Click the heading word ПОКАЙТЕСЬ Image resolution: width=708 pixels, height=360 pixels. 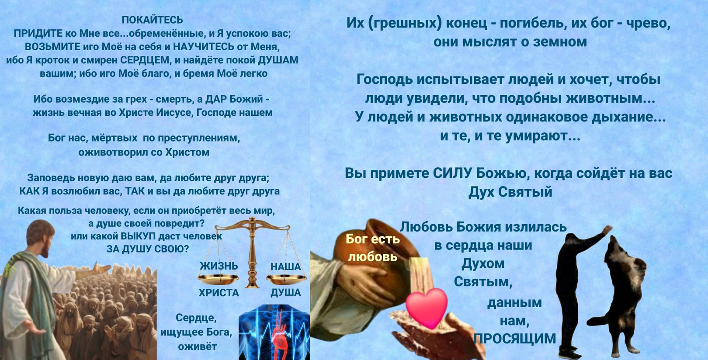point(153,20)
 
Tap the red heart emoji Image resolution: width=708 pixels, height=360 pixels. point(427,308)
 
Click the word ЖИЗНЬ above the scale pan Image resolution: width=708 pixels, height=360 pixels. point(219,266)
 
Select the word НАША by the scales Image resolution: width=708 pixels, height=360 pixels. point(286,267)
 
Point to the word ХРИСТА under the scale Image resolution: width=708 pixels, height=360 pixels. point(219,293)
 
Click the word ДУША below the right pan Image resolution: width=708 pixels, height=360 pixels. point(286,292)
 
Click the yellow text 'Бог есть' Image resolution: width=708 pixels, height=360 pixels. point(373,239)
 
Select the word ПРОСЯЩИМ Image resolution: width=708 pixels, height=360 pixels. point(514,339)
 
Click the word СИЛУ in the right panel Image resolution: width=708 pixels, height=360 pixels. point(453,173)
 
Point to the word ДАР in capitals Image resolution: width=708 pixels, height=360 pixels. point(216,99)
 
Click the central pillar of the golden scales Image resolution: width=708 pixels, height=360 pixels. point(252,253)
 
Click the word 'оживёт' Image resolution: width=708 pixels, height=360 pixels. point(197,346)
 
